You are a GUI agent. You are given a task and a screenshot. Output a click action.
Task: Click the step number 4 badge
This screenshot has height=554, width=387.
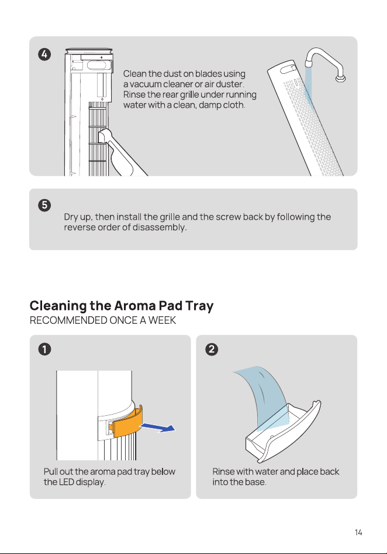[44, 54]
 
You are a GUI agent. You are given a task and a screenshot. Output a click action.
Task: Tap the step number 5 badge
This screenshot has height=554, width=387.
[44, 206]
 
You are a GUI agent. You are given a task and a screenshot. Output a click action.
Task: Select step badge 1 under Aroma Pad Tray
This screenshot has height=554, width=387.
[45, 349]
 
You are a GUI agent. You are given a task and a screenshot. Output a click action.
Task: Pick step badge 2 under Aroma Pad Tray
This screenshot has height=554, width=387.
[212, 349]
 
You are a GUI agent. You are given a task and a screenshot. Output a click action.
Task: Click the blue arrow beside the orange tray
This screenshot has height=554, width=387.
[157, 428]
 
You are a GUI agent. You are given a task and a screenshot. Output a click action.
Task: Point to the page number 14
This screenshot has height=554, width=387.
[358, 532]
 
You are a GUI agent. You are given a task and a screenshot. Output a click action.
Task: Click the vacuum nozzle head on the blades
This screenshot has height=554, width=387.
[104, 135]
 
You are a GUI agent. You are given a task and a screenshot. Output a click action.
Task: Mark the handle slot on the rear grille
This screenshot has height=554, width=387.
[288, 68]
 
